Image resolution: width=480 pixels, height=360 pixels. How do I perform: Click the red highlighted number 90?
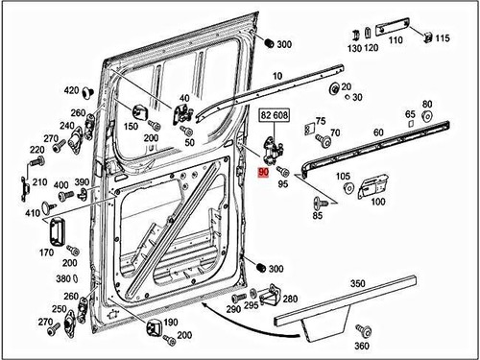click(264, 171)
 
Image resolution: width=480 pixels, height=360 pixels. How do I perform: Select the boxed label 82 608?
click(274, 114)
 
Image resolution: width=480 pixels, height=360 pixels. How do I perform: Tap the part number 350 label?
click(357, 284)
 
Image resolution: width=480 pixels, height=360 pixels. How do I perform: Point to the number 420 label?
click(71, 90)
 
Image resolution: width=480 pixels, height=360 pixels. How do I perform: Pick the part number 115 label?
click(442, 38)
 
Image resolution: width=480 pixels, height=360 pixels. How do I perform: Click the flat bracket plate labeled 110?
click(395, 27)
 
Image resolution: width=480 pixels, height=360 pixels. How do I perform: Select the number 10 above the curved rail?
click(277, 76)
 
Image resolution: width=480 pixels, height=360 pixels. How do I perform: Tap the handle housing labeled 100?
click(372, 185)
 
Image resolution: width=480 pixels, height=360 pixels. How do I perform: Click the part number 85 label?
click(318, 216)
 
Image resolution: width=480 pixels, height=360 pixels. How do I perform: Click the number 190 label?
click(171, 323)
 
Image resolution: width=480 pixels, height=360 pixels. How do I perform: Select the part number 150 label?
click(131, 126)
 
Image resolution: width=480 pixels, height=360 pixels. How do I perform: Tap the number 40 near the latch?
click(184, 99)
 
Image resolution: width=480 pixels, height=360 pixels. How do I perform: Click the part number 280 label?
click(291, 300)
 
